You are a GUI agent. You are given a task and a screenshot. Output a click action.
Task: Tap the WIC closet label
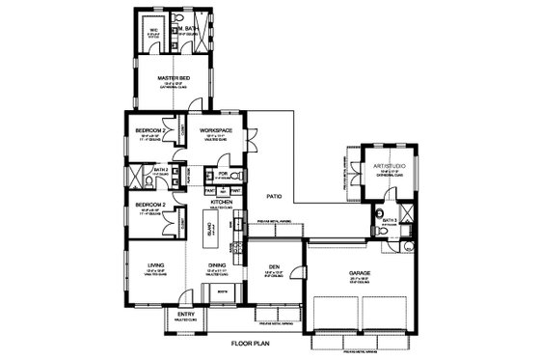[151, 29]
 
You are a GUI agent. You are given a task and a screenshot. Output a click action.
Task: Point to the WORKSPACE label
[218, 129]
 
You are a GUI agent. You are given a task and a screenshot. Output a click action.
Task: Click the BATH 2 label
[162, 170]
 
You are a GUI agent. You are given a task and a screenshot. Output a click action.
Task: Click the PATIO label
[273, 196]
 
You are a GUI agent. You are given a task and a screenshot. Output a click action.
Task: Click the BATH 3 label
[390, 220]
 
